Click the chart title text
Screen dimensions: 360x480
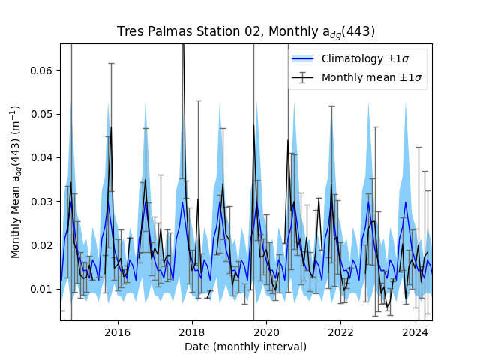[246, 31]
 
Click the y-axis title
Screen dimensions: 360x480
[16, 182]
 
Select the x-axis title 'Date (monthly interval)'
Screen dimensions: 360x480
[246, 346]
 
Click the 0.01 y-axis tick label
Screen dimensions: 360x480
[41, 289]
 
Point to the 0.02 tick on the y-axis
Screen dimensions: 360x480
[41, 245]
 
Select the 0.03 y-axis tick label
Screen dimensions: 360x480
[41, 202]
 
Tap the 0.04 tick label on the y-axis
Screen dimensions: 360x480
[41, 157]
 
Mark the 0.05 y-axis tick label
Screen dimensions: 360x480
[41, 114]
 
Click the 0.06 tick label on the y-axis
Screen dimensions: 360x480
[41, 70]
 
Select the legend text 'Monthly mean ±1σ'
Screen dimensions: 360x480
[373, 77]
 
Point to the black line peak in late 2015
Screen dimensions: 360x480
[111, 128]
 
